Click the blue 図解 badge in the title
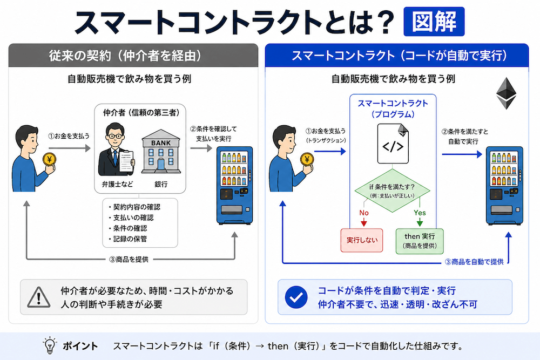(434, 22)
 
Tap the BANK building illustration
(161, 151)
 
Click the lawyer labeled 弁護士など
(116, 150)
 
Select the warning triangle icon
(39, 297)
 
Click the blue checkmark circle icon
(296, 297)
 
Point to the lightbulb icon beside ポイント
(50, 345)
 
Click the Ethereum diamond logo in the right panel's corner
(507, 93)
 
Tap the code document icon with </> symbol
(393, 144)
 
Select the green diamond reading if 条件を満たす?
(392, 191)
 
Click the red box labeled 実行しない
(362, 240)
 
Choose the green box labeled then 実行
(420, 241)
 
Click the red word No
(364, 213)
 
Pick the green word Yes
(420, 213)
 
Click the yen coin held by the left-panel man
(49, 159)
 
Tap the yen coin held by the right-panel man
(307, 159)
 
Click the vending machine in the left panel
(234, 186)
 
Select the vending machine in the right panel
(504, 186)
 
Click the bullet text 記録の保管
(130, 239)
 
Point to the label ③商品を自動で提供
(474, 262)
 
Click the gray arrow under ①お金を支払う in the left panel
(70, 148)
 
